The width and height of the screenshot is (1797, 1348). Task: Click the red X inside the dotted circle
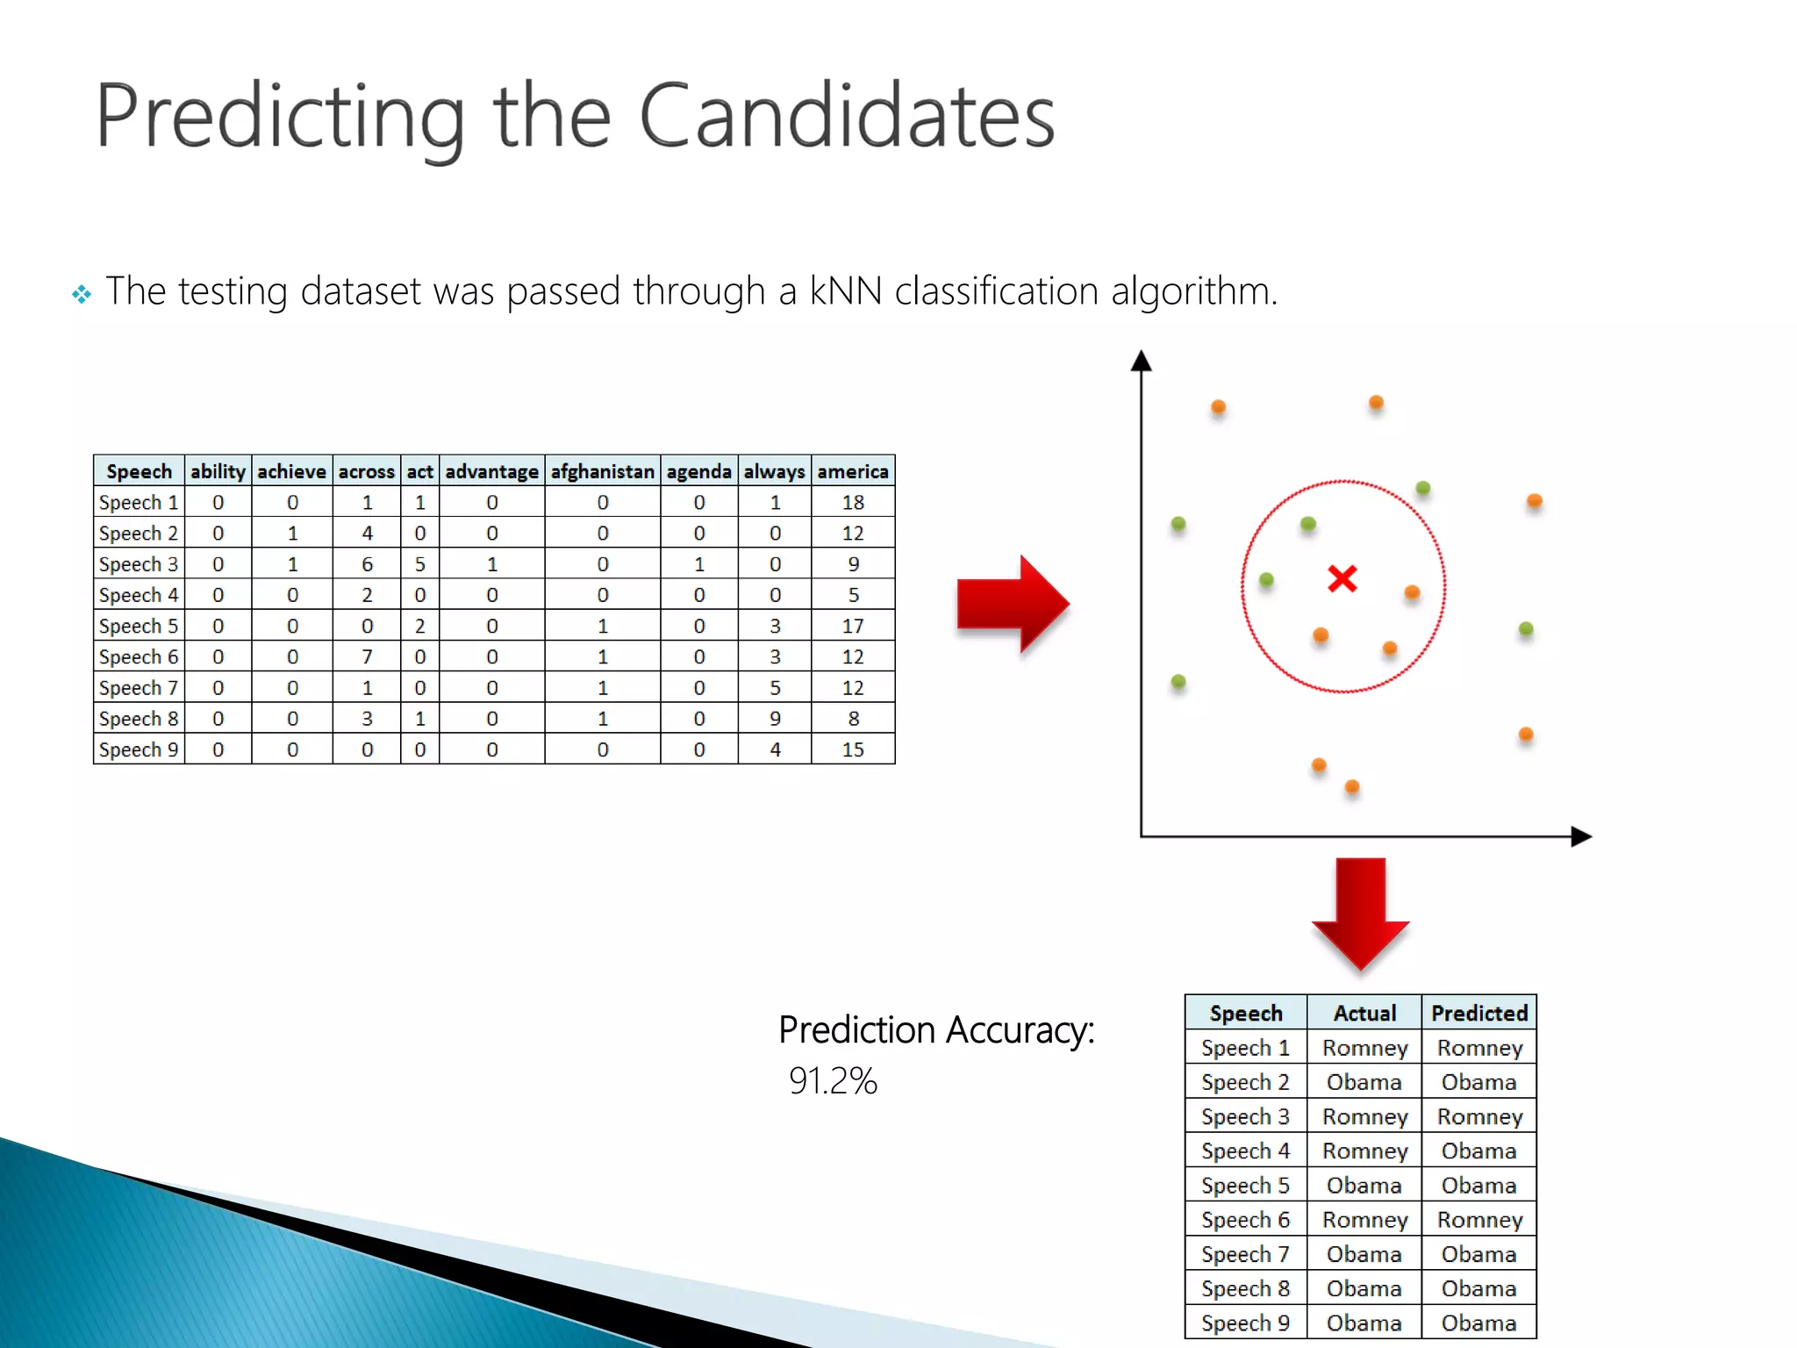pyautogui.click(x=1342, y=578)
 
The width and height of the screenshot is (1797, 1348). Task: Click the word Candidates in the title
pyautogui.click(x=847, y=116)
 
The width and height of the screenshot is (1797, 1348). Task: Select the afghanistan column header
pyautogui.click(x=602, y=471)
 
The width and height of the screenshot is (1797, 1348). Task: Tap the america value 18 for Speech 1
pyautogui.click(x=853, y=502)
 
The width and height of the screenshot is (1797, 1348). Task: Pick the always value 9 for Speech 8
pyautogui.click(x=775, y=719)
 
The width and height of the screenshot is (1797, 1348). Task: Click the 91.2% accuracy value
pyautogui.click(x=833, y=1080)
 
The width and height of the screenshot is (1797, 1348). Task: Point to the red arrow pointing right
pyautogui.click(x=1013, y=604)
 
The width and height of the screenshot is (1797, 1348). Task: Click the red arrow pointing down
pyautogui.click(x=1360, y=913)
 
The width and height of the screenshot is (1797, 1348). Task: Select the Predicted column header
pyautogui.click(x=1479, y=1013)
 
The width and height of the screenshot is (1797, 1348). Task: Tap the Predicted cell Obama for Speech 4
pyautogui.click(x=1479, y=1151)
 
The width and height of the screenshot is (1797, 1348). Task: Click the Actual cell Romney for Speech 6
pyautogui.click(x=1364, y=1219)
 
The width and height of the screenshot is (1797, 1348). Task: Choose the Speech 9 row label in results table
pyautogui.click(x=1245, y=1323)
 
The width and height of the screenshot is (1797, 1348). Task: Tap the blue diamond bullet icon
pyautogui.click(x=82, y=294)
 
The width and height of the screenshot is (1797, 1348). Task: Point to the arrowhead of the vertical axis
pyautogui.click(x=1141, y=360)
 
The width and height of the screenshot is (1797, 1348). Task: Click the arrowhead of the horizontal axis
pyautogui.click(x=1581, y=836)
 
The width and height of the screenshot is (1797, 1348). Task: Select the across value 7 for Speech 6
pyautogui.click(x=367, y=656)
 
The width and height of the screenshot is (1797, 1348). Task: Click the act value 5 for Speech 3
pyautogui.click(x=419, y=564)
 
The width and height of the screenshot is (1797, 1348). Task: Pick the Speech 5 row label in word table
pyautogui.click(x=139, y=626)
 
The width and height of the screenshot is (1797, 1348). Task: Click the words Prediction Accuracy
pyautogui.click(x=936, y=1029)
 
